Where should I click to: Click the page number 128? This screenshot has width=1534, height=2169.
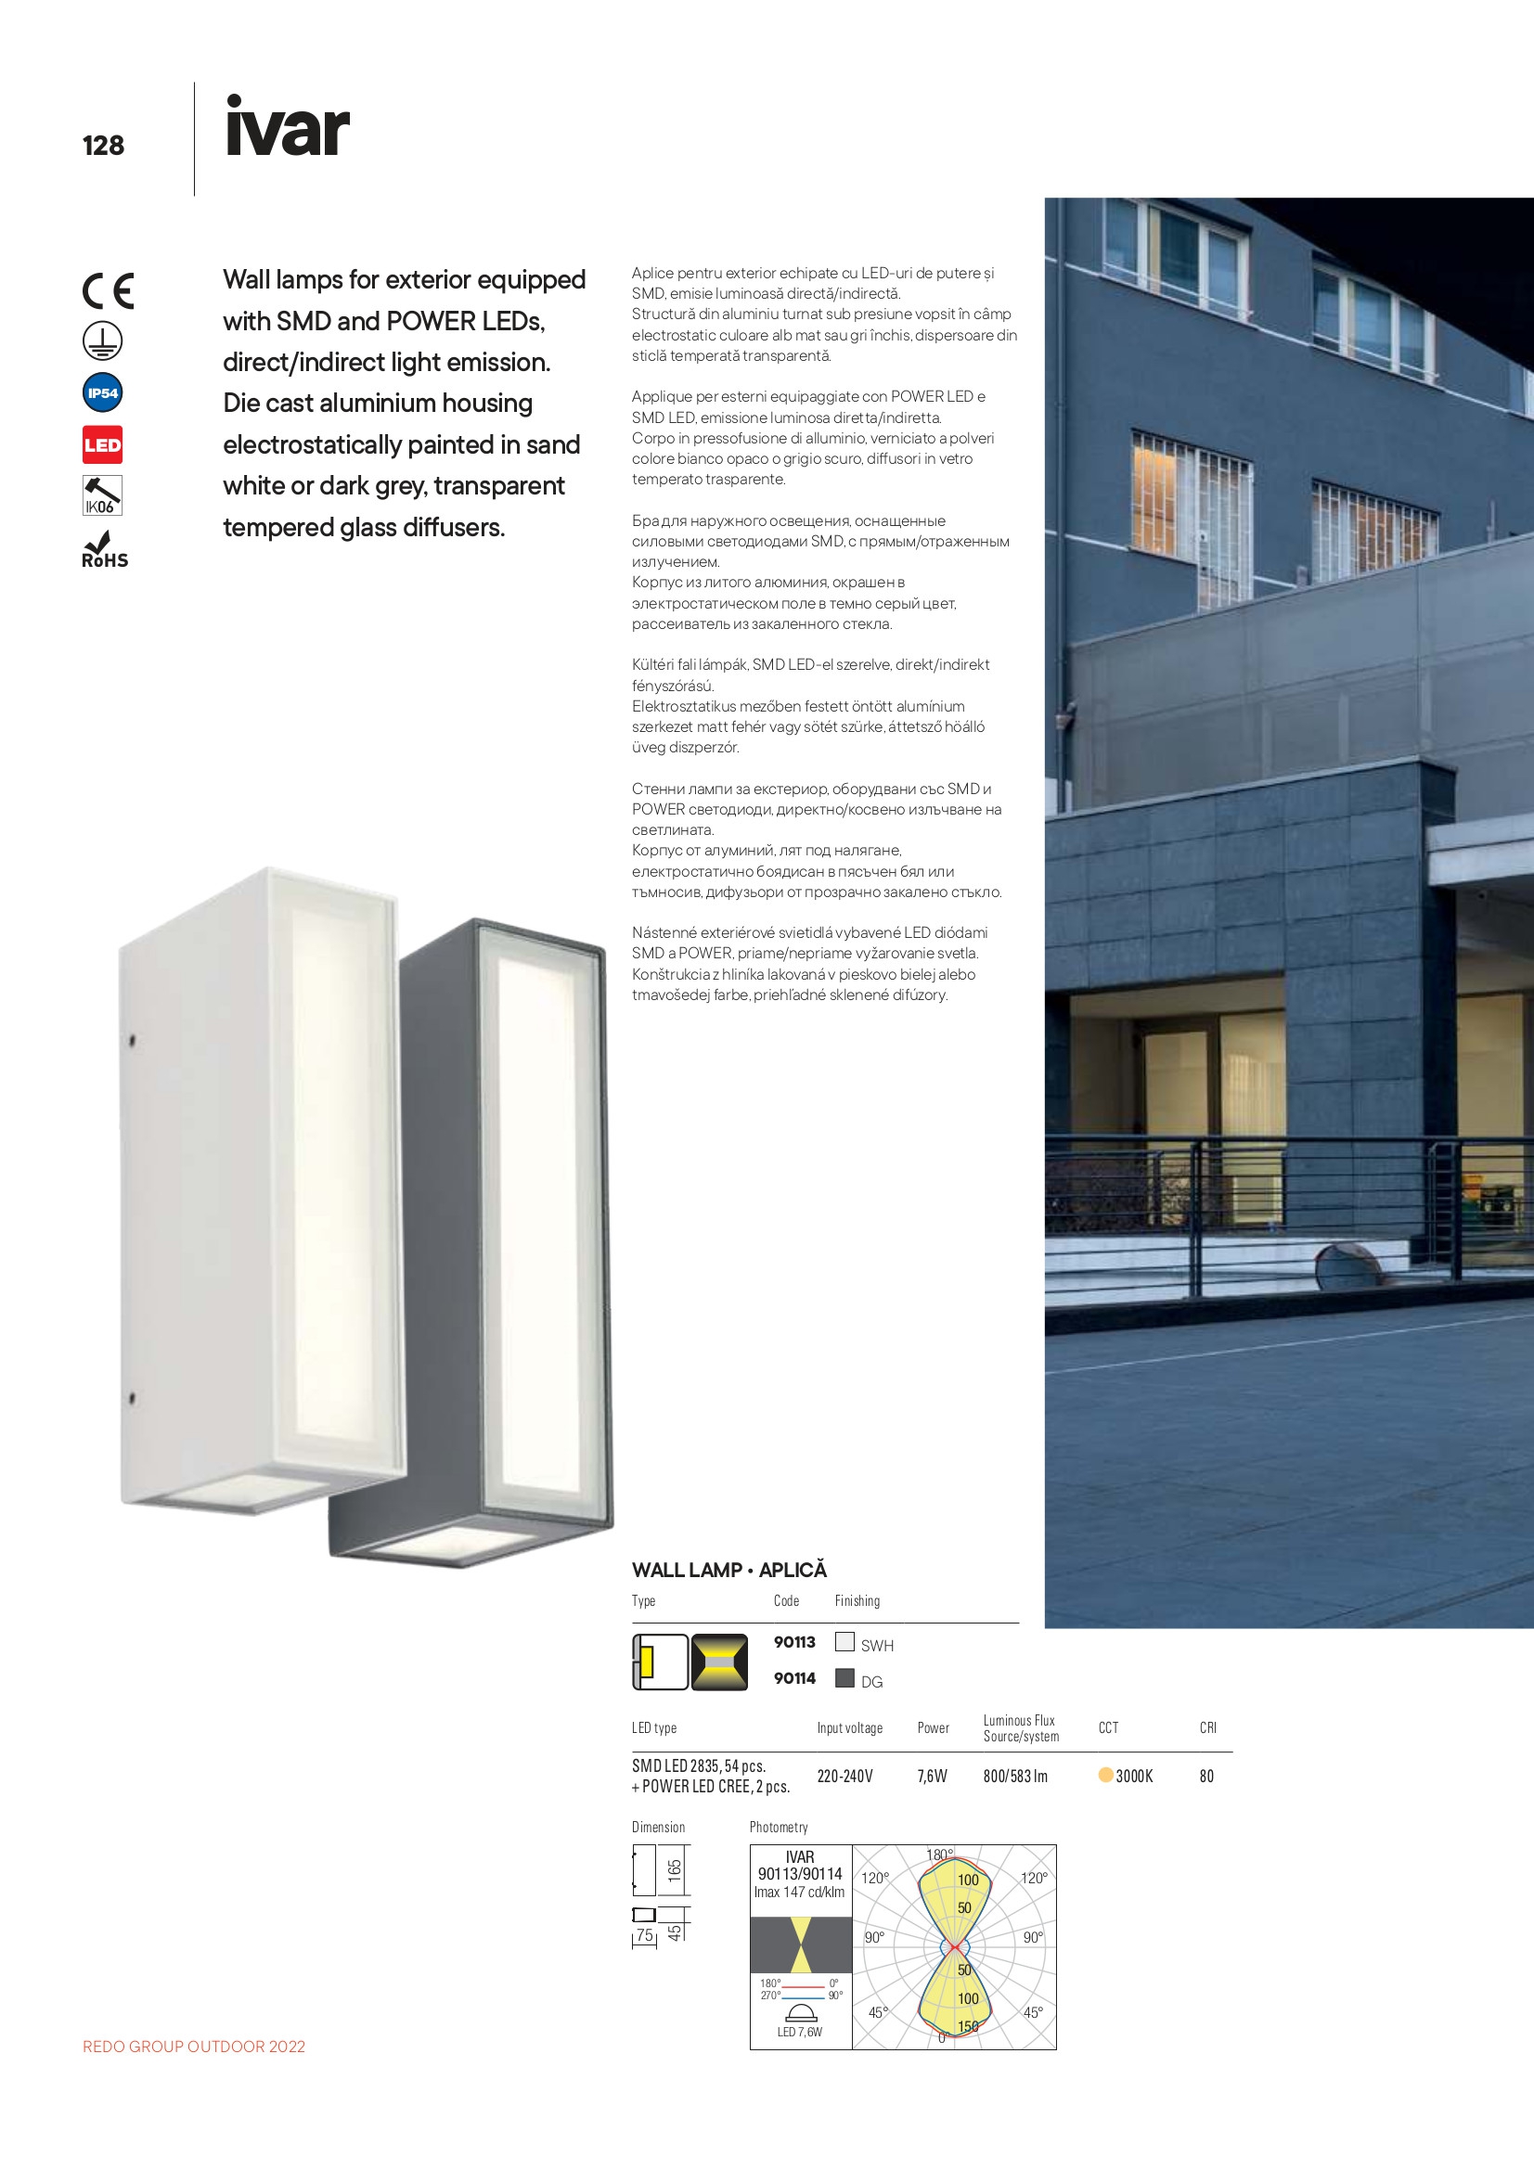[x=103, y=146]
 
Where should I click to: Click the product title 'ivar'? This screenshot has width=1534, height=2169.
[x=287, y=128]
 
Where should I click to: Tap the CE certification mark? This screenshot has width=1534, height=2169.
[x=108, y=291]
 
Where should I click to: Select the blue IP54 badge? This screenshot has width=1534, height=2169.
[x=102, y=393]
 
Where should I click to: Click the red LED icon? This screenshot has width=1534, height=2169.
[x=102, y=445]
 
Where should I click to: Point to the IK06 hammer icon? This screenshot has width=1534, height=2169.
[x=102, y=496]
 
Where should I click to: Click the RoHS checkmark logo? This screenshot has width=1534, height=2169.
[x=103, y=551]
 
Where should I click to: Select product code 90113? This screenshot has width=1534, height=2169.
[x=794, y=1643]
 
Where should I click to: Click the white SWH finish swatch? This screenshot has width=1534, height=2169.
[x=845, y=1642]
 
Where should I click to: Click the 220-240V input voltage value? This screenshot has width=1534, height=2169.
[x=844, y=1777]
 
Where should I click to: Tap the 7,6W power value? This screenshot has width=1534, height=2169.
[x=932, y=1777]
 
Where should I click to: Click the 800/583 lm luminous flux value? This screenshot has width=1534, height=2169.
[x=1015, y=1777]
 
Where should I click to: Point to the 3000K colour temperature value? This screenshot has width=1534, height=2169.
[x=1133, y=1777]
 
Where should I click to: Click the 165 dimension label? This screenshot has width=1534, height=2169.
[x=674, y=1871]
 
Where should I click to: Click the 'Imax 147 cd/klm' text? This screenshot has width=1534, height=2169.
[x=800, y=1893]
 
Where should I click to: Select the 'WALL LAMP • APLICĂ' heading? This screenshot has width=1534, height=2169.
[x=728, y=1570]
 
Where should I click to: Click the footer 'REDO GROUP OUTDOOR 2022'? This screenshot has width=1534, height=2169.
[x=194, y=2047]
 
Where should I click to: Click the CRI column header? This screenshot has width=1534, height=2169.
[x=1208, y=1727]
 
